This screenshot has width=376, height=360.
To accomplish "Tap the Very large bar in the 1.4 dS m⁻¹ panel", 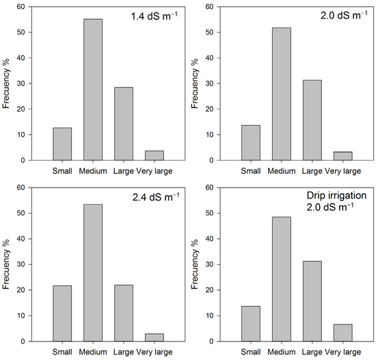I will [155, 155].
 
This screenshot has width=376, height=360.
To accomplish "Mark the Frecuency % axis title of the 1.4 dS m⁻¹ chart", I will [8, 83].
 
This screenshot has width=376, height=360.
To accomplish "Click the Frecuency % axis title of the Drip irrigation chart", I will [196, 264].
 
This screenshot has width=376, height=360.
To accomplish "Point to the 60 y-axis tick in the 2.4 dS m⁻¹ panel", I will [25, 188].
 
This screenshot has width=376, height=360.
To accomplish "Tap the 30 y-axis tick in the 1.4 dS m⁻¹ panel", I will [25, 83].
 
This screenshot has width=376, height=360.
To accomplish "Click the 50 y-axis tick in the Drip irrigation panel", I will [213, 213].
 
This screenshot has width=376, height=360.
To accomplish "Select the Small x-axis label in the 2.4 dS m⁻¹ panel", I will [62, 352].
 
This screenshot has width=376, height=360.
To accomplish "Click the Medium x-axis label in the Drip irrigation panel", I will [280, 352].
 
